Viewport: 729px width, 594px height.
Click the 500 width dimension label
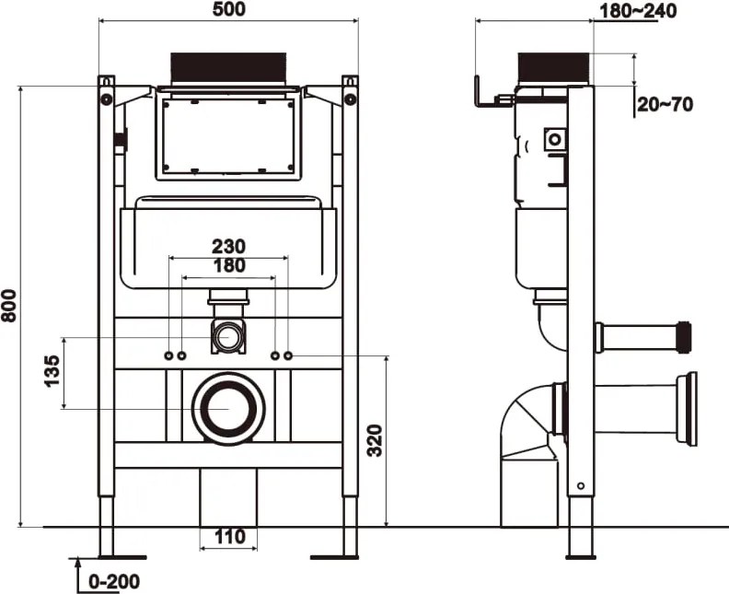[229, 9]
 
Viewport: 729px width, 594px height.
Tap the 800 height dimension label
[9, 306]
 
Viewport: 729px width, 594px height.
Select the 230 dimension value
[229, 246]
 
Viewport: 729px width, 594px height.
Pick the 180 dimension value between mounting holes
[229, 265]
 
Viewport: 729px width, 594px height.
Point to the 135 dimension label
[52, 371]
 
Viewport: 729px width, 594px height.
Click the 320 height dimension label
[375, 440]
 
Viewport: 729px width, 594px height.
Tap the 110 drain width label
[230, 536]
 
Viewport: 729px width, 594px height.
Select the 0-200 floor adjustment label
[114, 581]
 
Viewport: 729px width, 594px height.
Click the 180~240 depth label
[638, 11]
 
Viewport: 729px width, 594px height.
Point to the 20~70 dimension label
[665, 105]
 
